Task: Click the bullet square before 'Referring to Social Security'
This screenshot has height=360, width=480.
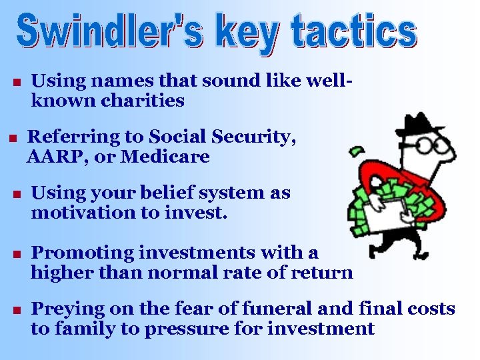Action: click(12, 139)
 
